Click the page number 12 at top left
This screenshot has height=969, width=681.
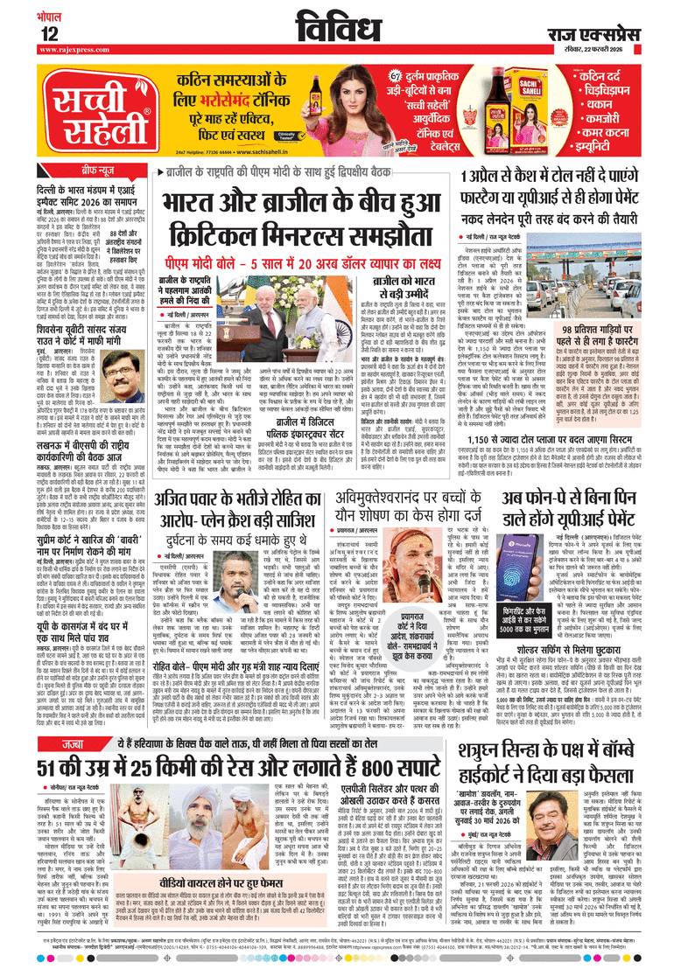49,33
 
